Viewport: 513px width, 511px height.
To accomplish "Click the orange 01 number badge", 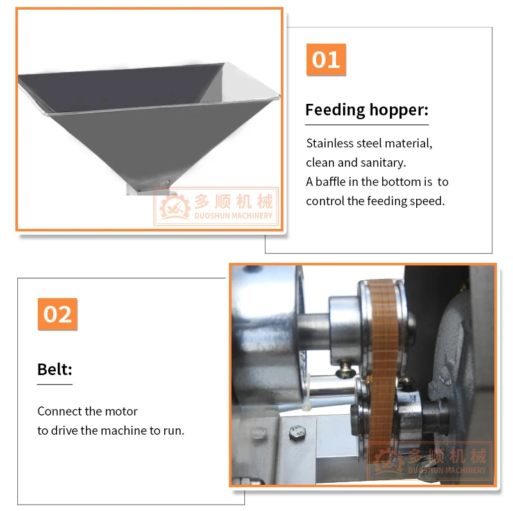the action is coord(326,60).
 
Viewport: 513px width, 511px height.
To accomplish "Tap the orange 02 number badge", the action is coord(58,314).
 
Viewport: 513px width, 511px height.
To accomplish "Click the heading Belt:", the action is coord(55,369).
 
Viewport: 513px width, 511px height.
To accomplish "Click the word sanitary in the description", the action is coord(387,163).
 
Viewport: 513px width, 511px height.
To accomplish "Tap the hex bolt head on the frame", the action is coord(298,433).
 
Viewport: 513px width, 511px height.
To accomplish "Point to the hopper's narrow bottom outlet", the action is coord(148,190).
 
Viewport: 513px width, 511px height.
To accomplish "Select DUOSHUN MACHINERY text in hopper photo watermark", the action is coord(233,216).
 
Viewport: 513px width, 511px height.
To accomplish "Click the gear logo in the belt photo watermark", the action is coord(389,461).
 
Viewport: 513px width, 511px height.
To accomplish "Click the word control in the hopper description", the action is coord(324,201).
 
